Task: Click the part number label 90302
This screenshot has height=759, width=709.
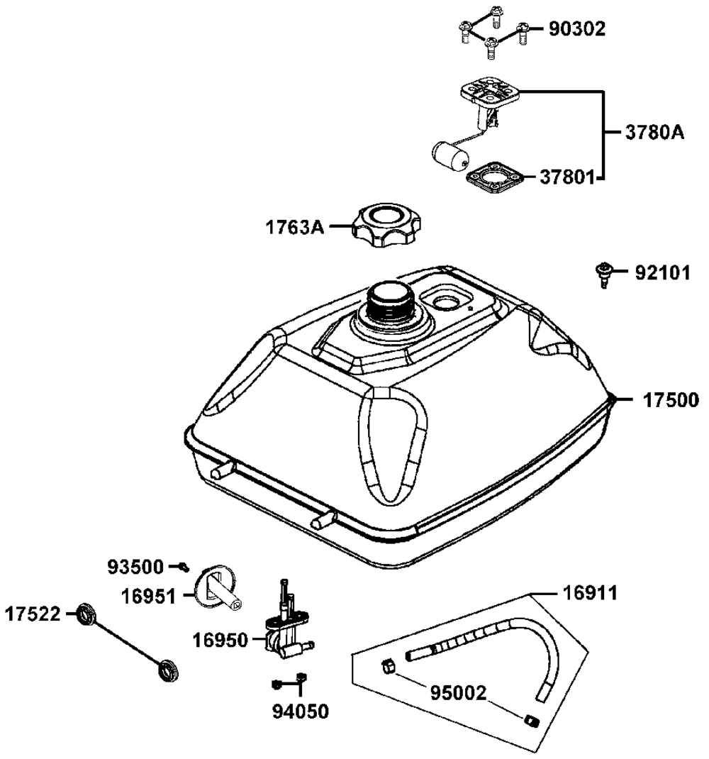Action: coord(576,29)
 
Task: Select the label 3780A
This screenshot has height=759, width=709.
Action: coord(654,133)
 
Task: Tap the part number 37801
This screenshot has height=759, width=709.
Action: coord(567,176)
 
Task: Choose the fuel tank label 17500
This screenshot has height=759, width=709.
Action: coord(671,400)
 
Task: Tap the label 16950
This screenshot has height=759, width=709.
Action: coord(221,641)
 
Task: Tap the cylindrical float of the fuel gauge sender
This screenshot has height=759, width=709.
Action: coord(449,155)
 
